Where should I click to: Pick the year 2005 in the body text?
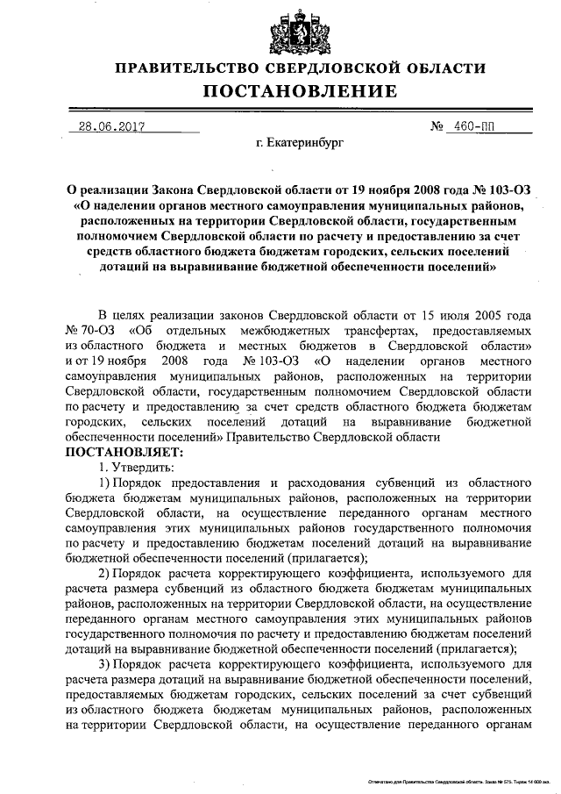coord(483,314)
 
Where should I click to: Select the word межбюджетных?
coord(282,331)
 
